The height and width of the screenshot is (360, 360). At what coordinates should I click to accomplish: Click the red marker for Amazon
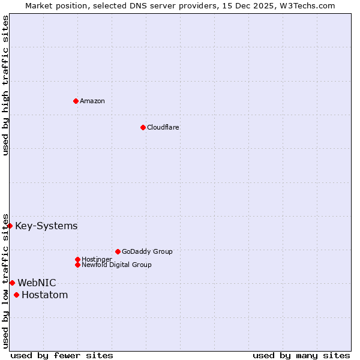pos(76,101)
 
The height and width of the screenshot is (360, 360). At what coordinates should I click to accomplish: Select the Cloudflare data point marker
pos(143,127)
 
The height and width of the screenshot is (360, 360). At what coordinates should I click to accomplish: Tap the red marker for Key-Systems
pos(10,226)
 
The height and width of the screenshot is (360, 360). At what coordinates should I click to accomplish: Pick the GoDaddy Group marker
pos(118,251)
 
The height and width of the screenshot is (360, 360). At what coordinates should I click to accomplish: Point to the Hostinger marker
pos(77,259)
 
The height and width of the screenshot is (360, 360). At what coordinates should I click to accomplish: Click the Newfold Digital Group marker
pos(77,265)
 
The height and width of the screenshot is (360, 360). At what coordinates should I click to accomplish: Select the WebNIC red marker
pos(12,283)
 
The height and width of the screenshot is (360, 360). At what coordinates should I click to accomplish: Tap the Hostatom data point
pos(16,295)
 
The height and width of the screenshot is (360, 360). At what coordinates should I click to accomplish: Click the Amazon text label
pos(92,101)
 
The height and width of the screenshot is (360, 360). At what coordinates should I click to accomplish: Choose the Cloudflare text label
pos(163,127)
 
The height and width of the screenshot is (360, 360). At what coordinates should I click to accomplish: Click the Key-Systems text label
pos(46,226)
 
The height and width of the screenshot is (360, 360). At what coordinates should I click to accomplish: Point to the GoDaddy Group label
pos(147,251)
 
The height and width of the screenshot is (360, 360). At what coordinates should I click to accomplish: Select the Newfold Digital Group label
pos(116,265)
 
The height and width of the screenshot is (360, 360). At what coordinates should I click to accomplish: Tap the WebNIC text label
pos(37,283)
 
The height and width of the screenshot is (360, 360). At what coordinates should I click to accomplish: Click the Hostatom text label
pos(44,295)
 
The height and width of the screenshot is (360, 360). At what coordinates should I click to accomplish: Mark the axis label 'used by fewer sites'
pos(62,355)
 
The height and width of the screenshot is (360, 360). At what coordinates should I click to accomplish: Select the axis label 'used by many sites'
pos(301,355)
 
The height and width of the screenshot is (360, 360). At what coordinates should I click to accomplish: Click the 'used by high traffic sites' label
pos(5,85)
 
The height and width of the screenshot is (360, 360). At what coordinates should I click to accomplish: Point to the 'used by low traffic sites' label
pos(5,280)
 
